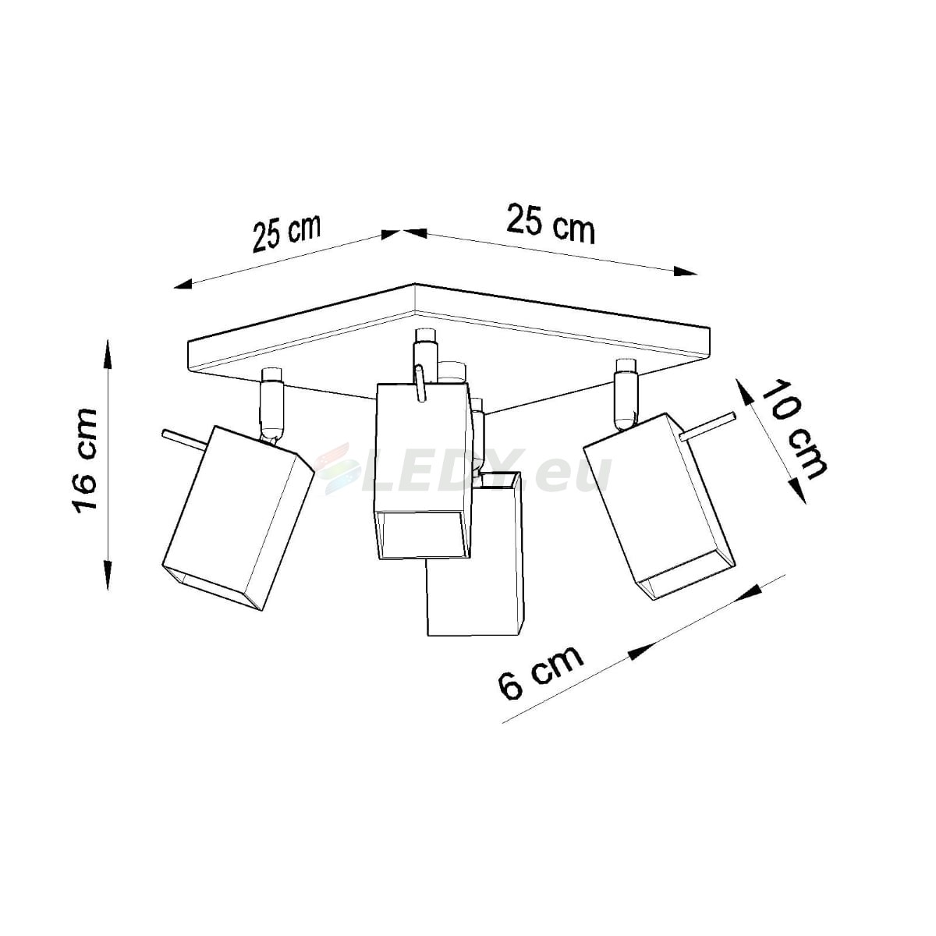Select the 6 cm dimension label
click(540, 672)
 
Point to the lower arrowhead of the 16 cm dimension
click(108, 576)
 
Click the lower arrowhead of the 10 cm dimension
click(797, 490)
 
